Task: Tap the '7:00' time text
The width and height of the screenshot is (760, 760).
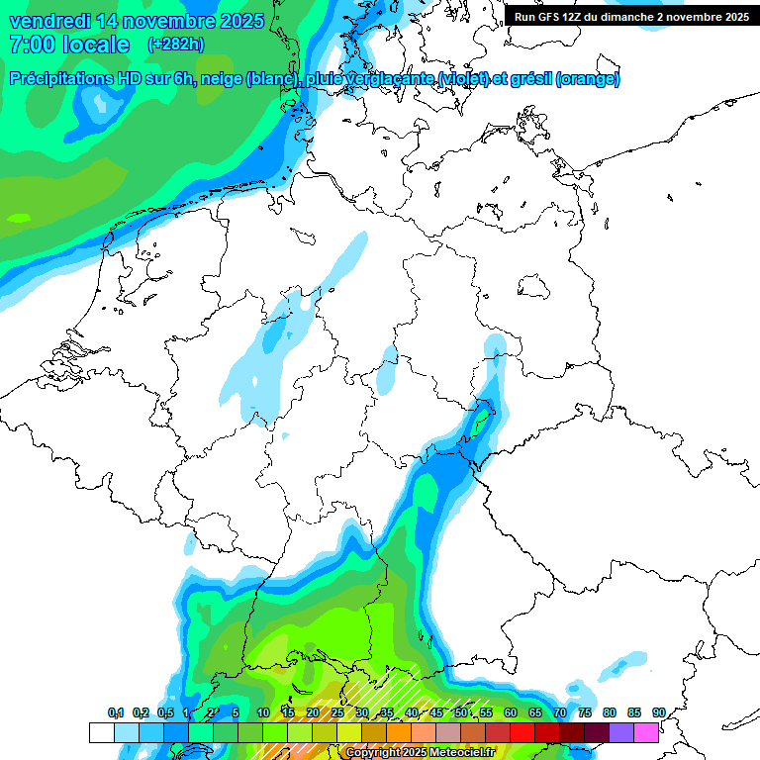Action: point(29,45)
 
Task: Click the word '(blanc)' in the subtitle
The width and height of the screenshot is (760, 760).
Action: point(268,79)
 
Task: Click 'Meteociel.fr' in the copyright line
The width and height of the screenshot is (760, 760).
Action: point(461,753)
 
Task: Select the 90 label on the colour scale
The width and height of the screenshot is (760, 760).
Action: point(658,712)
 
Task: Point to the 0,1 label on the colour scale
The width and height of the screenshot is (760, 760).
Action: point(116,712)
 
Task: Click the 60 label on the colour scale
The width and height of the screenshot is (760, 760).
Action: point(511,712)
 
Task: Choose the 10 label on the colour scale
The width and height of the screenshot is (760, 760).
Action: point(263,712)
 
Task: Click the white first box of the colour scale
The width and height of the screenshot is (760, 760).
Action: point(101,732)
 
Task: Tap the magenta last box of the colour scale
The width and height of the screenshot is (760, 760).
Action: point(646,732)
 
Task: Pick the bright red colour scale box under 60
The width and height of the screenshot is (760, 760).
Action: point(522,732)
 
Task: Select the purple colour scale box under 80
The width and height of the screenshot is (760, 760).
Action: point(621,732)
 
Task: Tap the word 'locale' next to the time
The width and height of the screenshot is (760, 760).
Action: point(95,45)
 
